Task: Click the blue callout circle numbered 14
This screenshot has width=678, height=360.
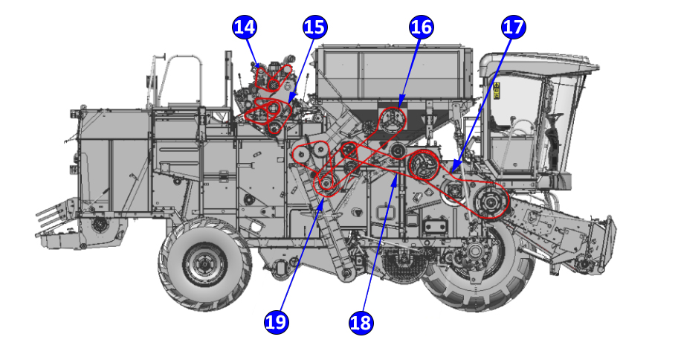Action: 245,28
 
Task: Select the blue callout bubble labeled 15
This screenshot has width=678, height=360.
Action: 314,28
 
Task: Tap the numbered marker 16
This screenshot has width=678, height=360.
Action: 421,28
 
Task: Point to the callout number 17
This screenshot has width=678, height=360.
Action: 513,28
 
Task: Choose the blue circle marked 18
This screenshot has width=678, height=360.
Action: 361,322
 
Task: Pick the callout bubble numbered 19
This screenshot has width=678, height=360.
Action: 276,322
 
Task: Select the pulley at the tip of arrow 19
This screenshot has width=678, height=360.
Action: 326,183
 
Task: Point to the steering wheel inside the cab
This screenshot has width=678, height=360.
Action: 554,119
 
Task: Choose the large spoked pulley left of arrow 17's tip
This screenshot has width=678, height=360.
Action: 424,165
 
